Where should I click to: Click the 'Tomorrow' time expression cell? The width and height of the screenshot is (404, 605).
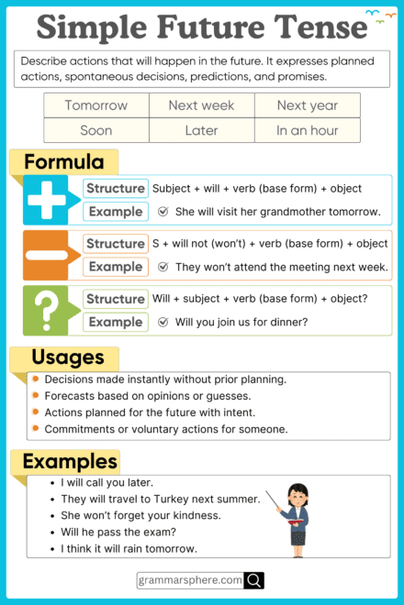[x=95, y=105]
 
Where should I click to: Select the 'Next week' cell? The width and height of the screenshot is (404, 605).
[x=201, y=105]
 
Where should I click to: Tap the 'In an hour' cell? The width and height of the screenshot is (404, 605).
[x=307, y=130]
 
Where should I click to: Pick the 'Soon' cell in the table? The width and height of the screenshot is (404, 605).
[x=95, y=130]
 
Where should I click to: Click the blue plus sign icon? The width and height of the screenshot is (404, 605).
[x=47, y=200]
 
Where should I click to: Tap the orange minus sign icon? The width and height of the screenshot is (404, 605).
[x=47, y=255]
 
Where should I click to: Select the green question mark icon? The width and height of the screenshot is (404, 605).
[x=47, y=310]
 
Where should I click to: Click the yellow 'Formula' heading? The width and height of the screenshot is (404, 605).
[x=63, y=163]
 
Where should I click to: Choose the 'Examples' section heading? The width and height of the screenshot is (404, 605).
[x=70, y=460]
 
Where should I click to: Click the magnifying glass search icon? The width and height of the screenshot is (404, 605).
[x=254, y=580]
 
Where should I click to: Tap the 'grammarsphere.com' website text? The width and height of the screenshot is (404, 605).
[x=190, y=580]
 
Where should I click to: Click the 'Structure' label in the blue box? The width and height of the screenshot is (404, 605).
[x=116, y=188]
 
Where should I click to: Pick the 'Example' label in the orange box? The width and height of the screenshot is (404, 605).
[x=116, y=267]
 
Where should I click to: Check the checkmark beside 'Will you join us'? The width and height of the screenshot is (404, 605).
[x=163, y=322]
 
